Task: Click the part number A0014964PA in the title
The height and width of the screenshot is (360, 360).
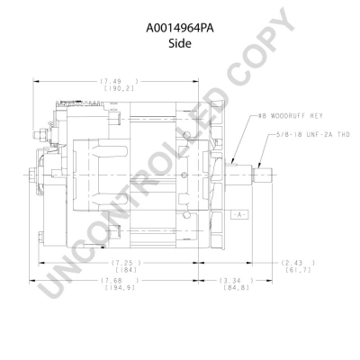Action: tap(180, 27)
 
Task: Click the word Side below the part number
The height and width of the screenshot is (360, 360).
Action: tap(180, 42)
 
